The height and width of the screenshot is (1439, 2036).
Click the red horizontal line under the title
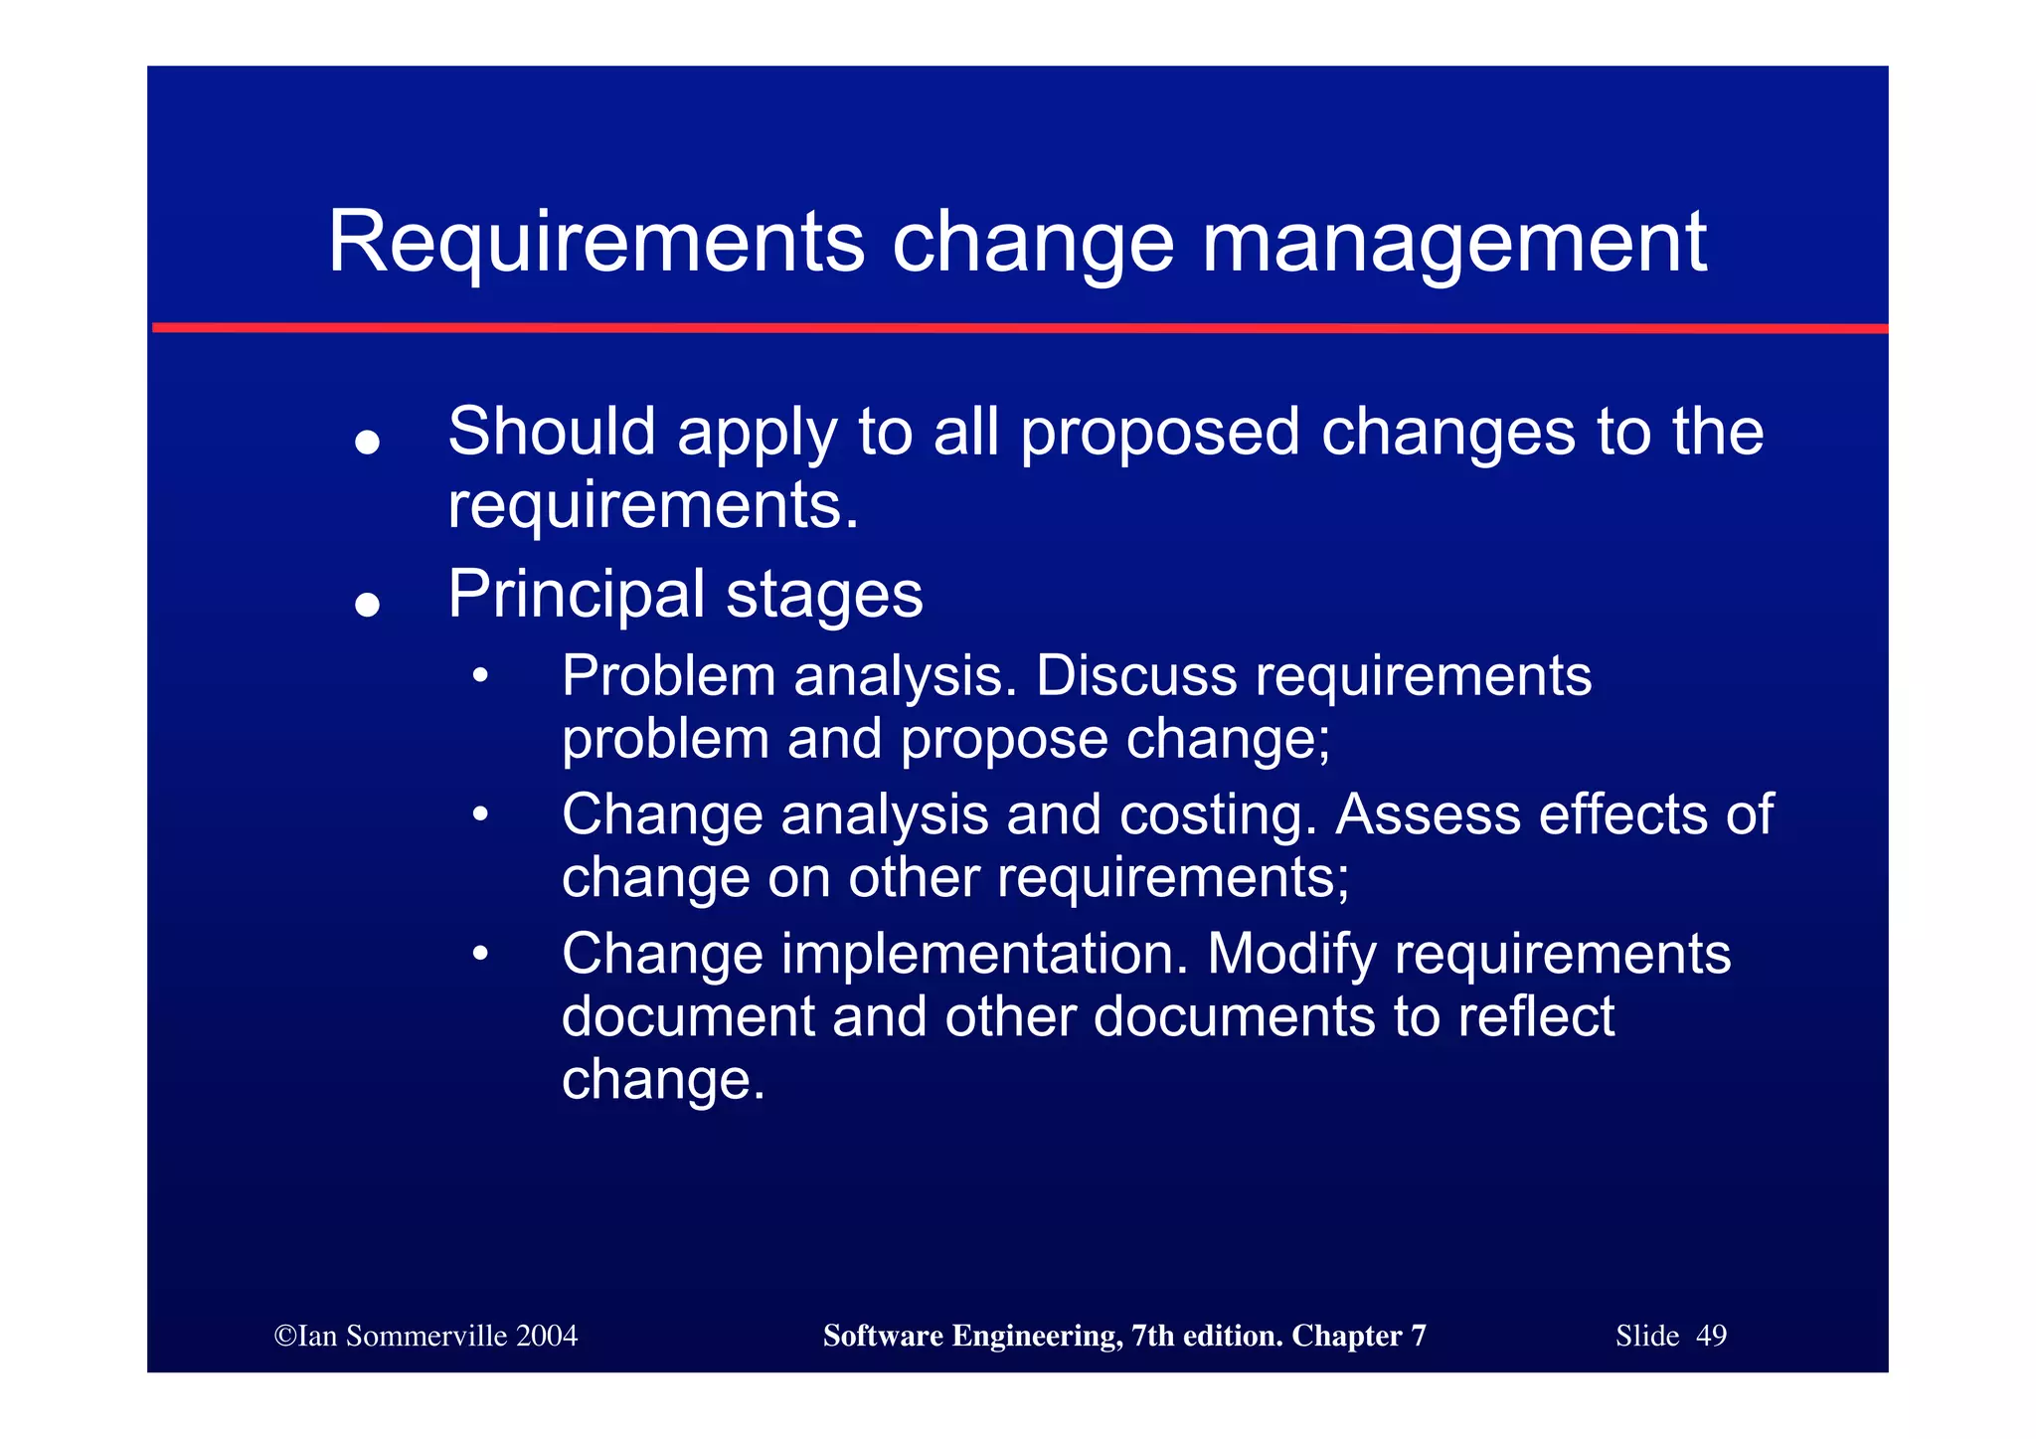pyautogui.click(x=1019, y=327)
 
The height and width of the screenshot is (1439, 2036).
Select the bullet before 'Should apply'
pyautogui.click(x=368, y=443)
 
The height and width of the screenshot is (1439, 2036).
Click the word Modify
pyautogui.click(x=1291, y=955)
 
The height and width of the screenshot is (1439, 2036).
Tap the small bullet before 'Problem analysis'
pyautogui.click(x=480, y=677)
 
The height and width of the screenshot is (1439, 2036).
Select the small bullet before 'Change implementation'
pyautogui.click(x=480, y=955)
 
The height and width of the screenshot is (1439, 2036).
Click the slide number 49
pyautogui.click(x=1711, y=1336)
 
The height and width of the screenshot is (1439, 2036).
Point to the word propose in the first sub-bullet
pyautogui.click(x=1004, y=740)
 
